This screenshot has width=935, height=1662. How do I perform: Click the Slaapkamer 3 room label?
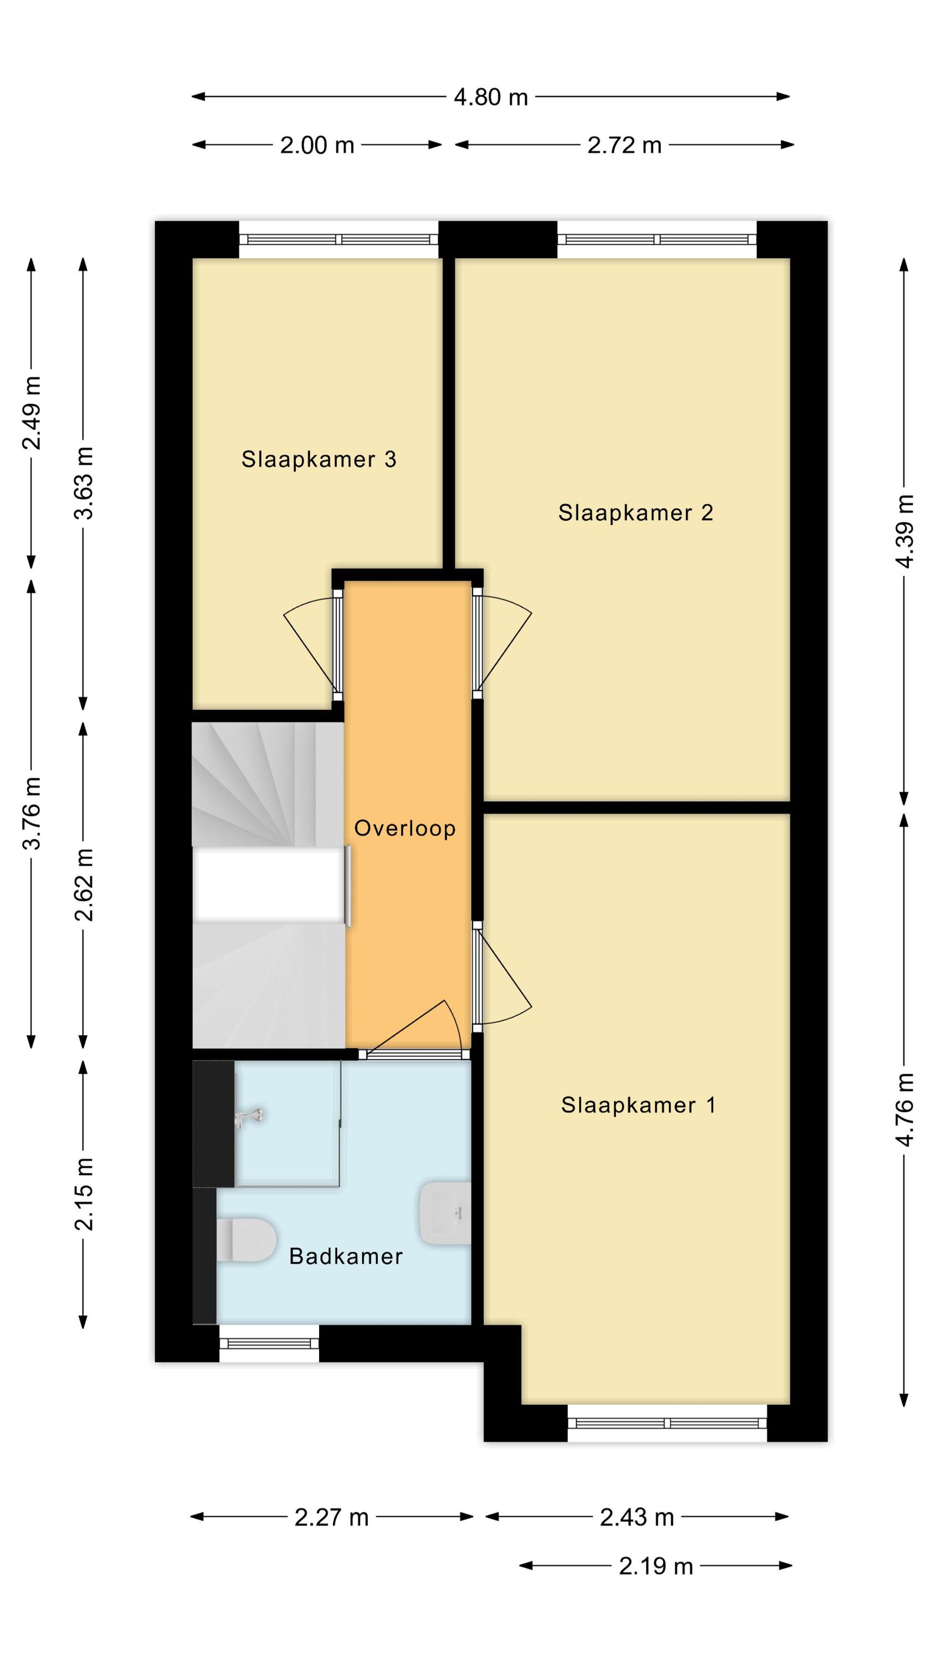pyautogui.click(x=318, y=459)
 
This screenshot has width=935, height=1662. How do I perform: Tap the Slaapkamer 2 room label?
pyautogui.click(x=635, y=512)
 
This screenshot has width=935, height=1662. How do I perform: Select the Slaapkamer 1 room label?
pyautogui.click(x=638, y=1105)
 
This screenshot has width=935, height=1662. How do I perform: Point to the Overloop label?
pyautogui.click(x=405, y=828)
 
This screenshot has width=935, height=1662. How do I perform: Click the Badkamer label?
pyautogui.click(x=346, y=1255)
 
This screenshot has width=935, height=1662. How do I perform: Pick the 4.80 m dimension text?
pyautogui.click(x=491, y=97)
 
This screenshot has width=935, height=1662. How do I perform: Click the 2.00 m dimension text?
pyautogui.click(x=317, y=145)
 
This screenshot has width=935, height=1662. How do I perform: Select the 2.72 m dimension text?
pyautogui.click(x=625, y=145)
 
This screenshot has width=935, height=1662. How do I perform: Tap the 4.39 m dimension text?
pyautogui.click(x=905, y=531)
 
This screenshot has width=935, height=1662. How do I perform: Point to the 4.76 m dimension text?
pyautogui.click(x=905, y=1109)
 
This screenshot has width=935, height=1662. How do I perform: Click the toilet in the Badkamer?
pyautogui.click(x=246, y=1239)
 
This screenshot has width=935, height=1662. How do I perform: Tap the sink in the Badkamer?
pyautogui.click(x=445, y=1213)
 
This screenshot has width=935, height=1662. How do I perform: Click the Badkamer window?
pyautogui.click(x=269, y=1343)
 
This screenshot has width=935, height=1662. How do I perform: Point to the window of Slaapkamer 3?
pyautogui.click(x=339, y=239)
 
